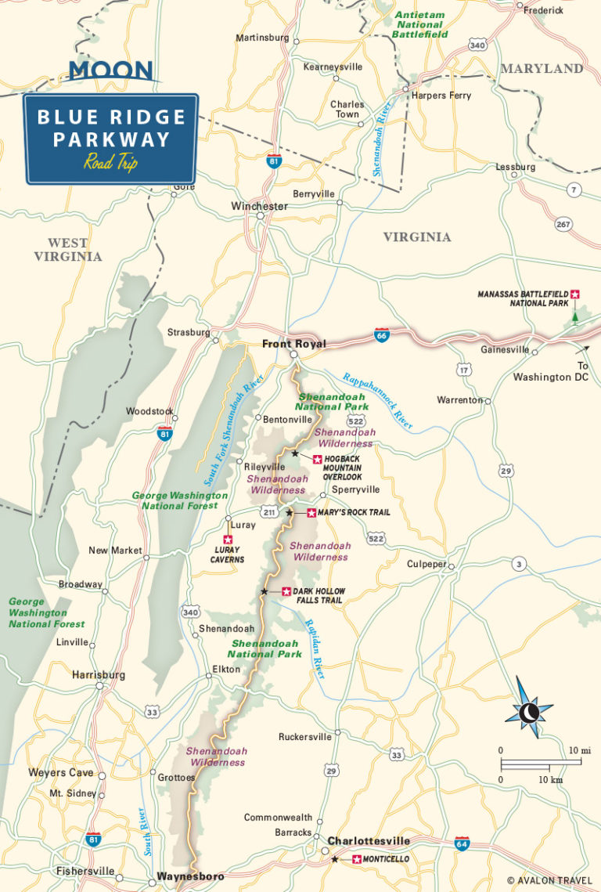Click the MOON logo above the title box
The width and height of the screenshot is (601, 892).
coord(110,70)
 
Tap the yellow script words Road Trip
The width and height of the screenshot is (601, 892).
coord(110,163)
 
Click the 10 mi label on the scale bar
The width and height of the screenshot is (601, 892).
coord(579,749)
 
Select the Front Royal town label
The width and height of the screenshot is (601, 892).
coord(293,344)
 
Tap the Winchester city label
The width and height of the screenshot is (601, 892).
coord(259,206)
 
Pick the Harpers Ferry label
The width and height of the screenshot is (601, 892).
coord(441,96)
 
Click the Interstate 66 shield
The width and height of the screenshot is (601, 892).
coord(382,336)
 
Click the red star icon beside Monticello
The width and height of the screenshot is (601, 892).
coord(357,860)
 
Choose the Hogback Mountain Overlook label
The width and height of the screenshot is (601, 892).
coord(341,468)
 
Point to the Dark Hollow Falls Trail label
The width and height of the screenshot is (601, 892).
coord(318,596)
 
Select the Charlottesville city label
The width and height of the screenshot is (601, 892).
coord(368,840)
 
